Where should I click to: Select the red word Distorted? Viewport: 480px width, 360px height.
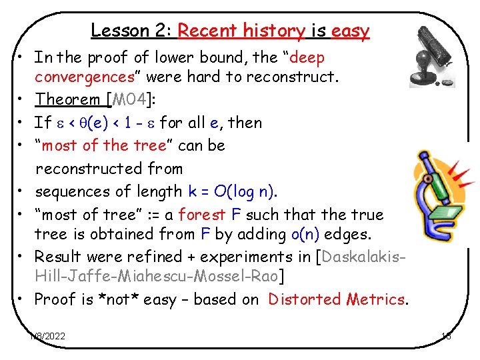tap(305, 299)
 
